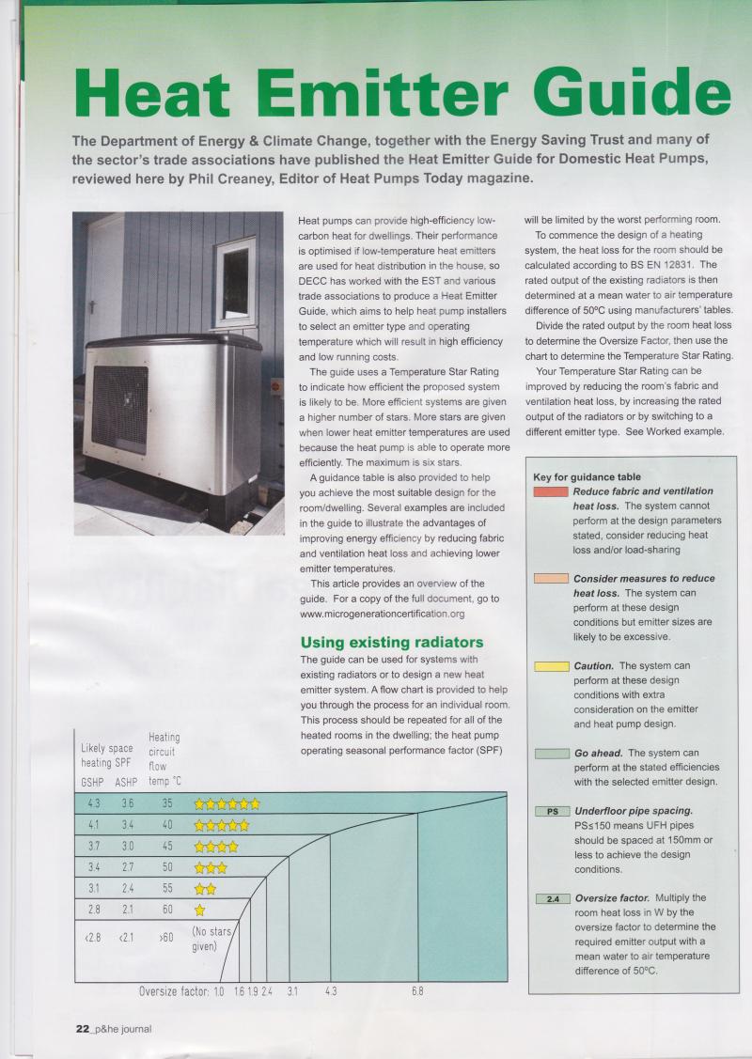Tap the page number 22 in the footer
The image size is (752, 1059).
(x=82, y=1028)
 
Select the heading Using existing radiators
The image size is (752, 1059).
(x=391, y=642)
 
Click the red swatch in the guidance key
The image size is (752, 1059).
(x=550, y=491)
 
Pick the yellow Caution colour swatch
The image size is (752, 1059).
(x=550, y=666)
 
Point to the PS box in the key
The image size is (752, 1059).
(x=550, y=810)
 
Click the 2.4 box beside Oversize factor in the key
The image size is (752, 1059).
(x=550, y=898)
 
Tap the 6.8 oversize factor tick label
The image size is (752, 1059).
(x=417, y=991)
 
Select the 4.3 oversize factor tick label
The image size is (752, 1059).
(x=331, y=991)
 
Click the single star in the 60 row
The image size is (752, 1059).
(x=199, y=910)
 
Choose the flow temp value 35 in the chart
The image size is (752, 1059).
(x=167, y=802)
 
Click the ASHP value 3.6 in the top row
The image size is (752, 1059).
(x=127, y=802)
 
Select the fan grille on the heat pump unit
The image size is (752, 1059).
(x=119, y=410)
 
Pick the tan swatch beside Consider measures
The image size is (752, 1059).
(x=550, y=578)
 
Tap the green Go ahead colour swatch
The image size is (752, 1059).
(x=550, y=754)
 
